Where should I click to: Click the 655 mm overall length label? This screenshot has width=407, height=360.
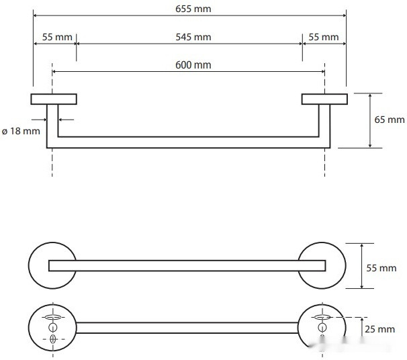(193, 9)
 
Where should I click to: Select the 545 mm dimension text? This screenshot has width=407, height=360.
(193, 37)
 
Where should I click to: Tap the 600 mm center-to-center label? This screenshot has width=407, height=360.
(193, 65)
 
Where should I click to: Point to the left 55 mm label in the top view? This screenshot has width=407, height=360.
(57, 37)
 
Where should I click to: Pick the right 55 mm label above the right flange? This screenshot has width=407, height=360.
(324, 37)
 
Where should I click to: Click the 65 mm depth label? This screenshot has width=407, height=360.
(390, 120)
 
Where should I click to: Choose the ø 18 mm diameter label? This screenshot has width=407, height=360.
(21, 131)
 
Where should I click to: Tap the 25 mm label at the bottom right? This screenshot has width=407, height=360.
(379, 329)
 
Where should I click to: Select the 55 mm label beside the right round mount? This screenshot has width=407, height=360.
(381, 268)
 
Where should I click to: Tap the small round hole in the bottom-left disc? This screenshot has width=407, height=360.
(52, 328)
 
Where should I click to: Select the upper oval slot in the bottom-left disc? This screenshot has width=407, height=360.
(53, 317)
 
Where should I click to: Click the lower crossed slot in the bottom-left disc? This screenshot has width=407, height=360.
(53, 339)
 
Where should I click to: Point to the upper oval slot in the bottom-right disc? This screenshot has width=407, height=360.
(322, 317)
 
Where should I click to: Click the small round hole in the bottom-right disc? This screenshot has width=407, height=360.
(322, 328)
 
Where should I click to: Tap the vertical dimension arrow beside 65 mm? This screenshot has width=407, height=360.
(370, 121)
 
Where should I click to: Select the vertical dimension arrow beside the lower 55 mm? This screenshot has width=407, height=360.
(362, 266)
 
